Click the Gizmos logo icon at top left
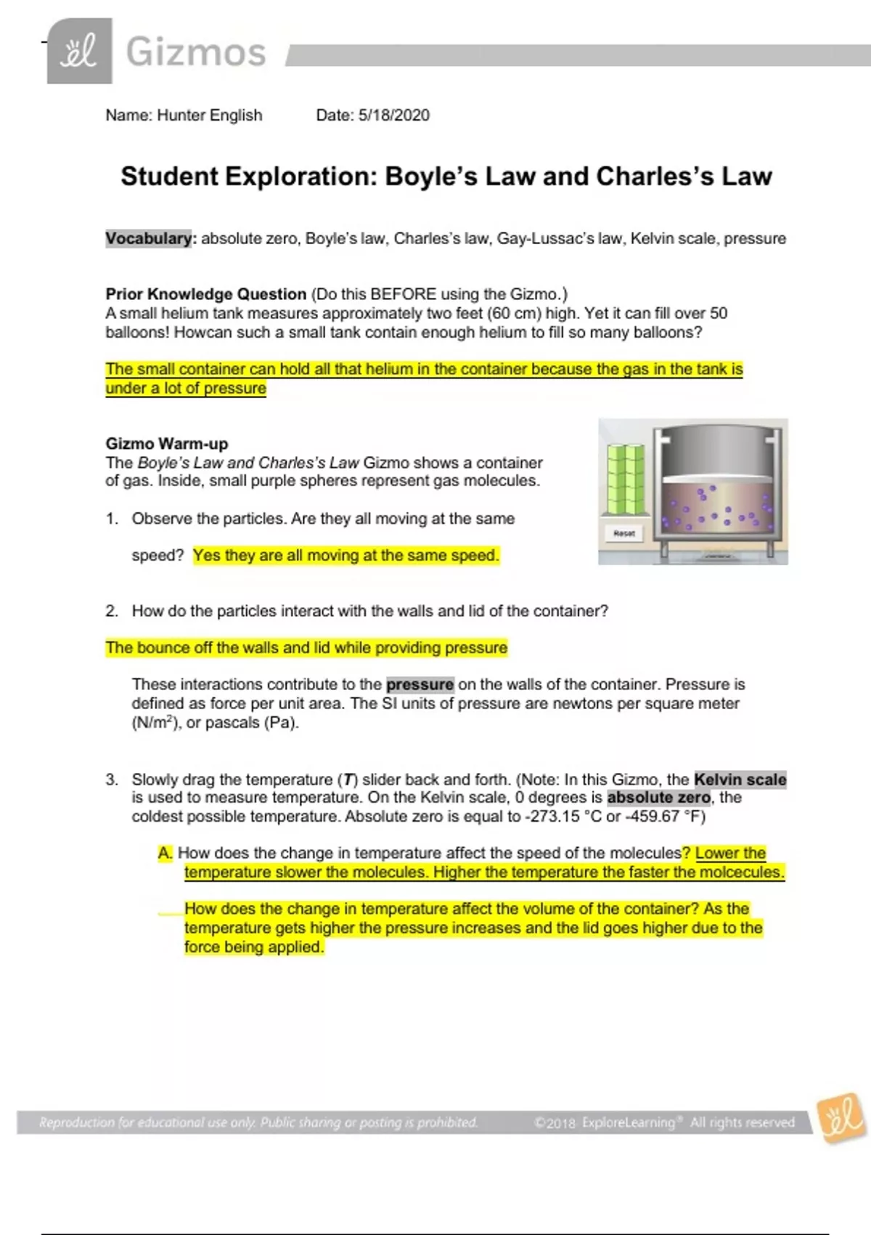(79, 51)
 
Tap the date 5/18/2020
(394, 115)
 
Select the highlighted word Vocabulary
(149, 238)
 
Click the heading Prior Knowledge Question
(206, 294)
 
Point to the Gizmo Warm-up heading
(167, 443)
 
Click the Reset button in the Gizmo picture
(624, 534)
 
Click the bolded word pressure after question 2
(420, 684)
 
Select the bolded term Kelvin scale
(740, 780)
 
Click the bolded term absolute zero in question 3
(658, 798)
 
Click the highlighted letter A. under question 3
(165, 853)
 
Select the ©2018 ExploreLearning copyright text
(663, 1122)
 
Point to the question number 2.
(112, 611)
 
